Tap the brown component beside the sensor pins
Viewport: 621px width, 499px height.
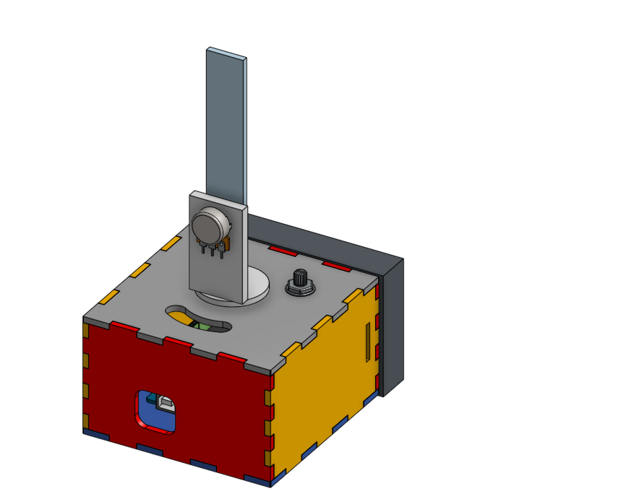point(226,244)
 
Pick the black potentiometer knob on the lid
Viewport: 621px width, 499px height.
point(299,278)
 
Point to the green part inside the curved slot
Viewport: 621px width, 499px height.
point(205,326)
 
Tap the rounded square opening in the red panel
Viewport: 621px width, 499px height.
point(156,412)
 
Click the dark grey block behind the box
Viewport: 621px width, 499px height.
point(390,325)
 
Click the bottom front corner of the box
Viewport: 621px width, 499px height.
point(273,482)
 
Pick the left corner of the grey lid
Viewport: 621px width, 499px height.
point(85,318)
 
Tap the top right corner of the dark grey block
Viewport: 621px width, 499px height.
point(402,260)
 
